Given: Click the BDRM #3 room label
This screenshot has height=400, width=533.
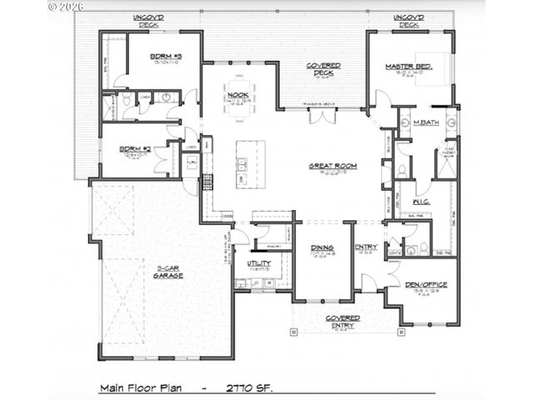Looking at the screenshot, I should [166, 57].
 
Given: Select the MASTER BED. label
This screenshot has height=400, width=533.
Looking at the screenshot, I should [406, 66].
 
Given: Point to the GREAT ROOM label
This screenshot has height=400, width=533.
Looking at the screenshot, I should [332, 166].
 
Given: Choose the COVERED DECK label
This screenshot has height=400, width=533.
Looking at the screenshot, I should [321, 68].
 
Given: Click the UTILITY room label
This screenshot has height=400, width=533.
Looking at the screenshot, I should [259, 263].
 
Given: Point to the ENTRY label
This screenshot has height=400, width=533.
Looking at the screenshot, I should [366, 247].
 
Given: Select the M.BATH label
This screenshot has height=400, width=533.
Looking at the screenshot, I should [426, 123].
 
